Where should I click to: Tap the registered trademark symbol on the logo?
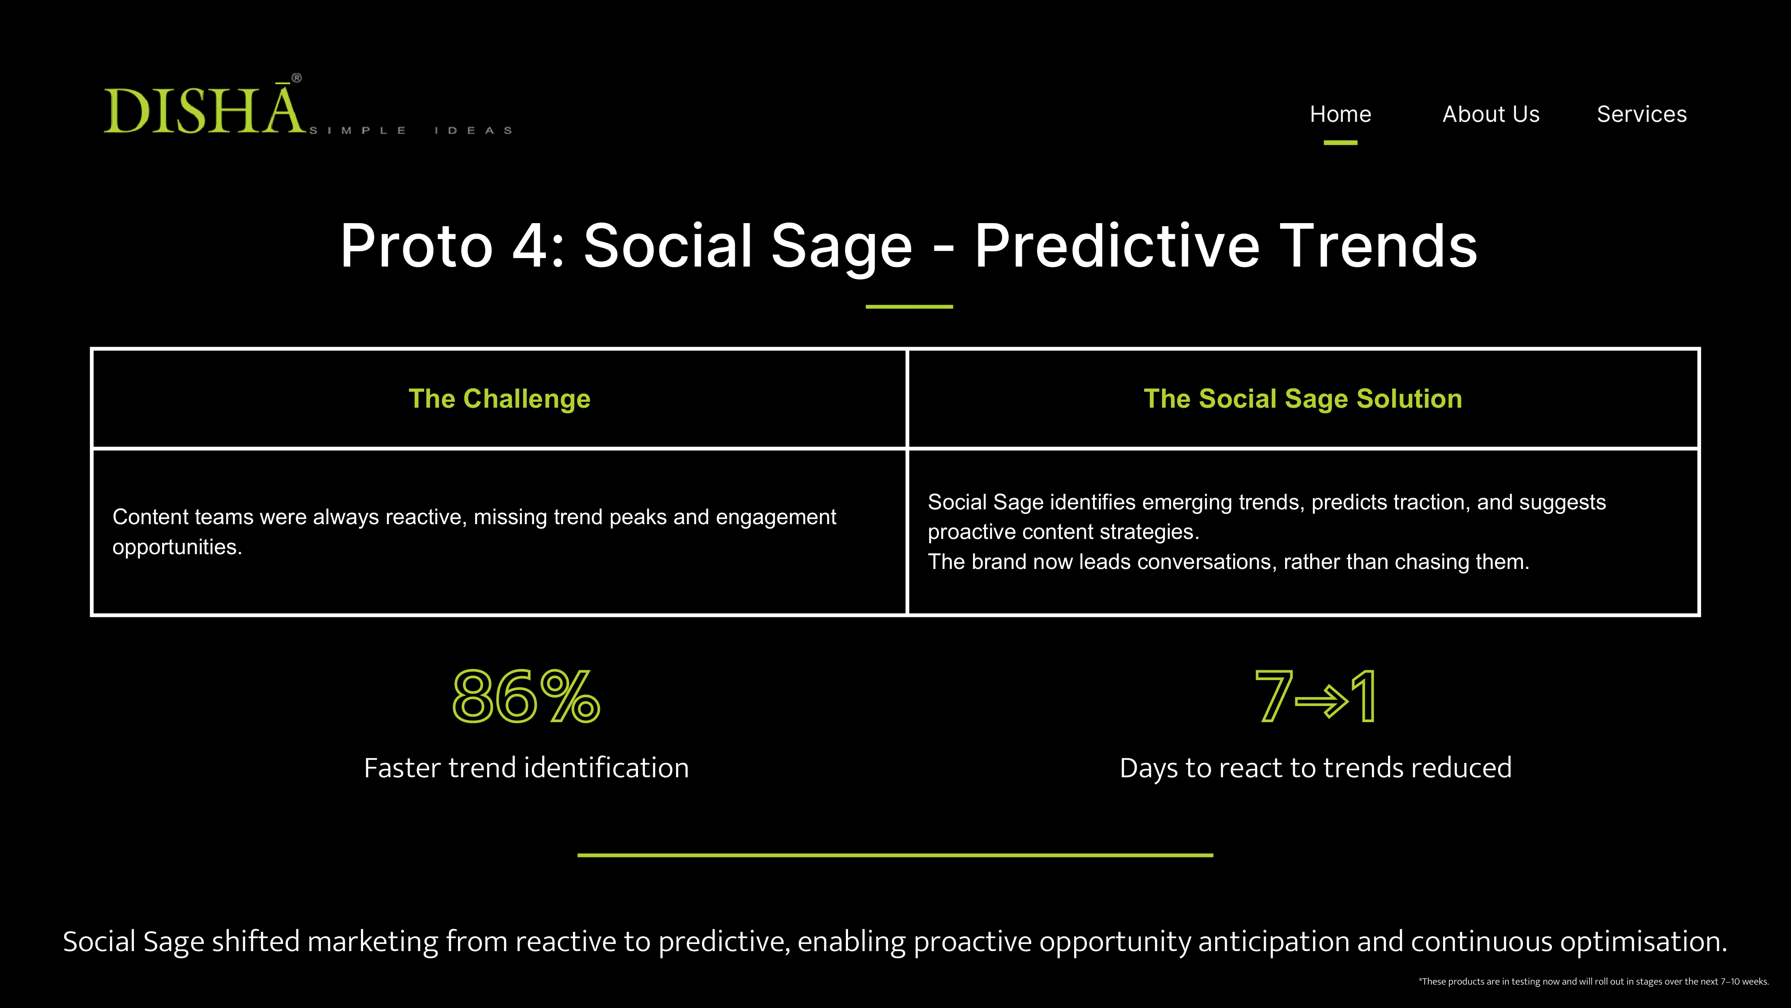tap(297, 78)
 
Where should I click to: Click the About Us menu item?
tap(1491, 114)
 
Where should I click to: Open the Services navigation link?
tap(1641, 114)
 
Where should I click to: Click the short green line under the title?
tap(909, 306)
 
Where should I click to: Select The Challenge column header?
tap(499, 399)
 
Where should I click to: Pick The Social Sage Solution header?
tap(1303, 399)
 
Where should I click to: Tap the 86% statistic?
tap(526, 696)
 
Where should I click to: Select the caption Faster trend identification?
tap(526, 768)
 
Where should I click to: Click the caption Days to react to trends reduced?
tap(1315, 768)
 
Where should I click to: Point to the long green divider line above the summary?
tap(895, 855)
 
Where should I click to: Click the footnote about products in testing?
tap(1594, 982)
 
